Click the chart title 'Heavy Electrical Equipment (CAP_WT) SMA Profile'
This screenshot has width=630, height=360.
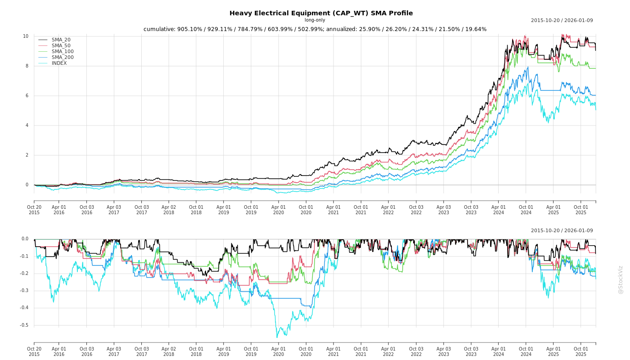(321, 13)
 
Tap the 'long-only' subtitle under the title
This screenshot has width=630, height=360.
(315, 20)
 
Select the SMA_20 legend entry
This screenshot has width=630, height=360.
(61, 40)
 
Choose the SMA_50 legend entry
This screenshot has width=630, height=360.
(61, 46)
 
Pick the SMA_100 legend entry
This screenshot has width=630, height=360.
(63, 52)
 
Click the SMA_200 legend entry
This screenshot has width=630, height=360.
(63, 58)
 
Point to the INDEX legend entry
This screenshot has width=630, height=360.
(59, 63)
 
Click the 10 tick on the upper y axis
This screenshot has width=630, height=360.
(26, 36)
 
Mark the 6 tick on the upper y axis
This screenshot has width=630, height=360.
(27, 96)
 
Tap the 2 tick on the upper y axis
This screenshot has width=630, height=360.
(27, 155)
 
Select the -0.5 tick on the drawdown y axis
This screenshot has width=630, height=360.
(24, 325)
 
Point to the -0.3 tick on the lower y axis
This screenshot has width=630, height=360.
(24, 291)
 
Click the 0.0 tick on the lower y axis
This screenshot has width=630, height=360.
(25, 239)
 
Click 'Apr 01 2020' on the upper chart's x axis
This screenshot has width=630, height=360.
(279, 210)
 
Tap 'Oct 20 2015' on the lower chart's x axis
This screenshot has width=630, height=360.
(34, 351)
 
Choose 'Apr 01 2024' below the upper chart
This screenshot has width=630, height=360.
(498, 210)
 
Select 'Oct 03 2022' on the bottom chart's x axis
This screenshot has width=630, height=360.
(416, 351)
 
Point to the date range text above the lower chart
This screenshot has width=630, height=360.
(562, 231)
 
